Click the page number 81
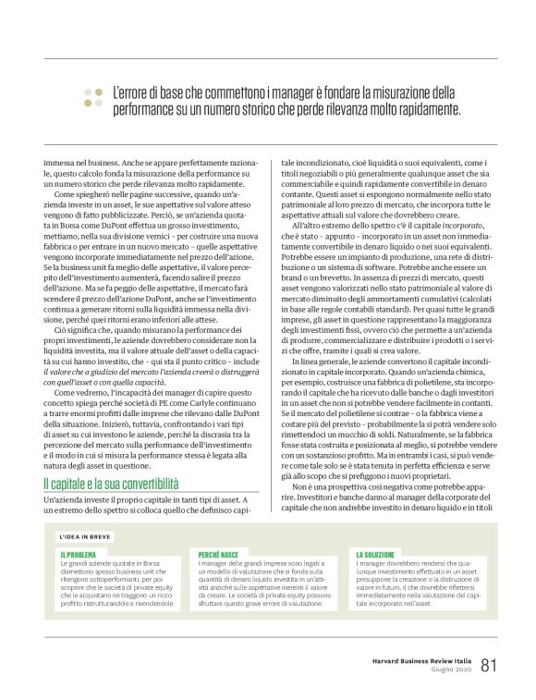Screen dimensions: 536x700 pos(489,665)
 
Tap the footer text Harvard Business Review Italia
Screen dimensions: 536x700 pos(416,660)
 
